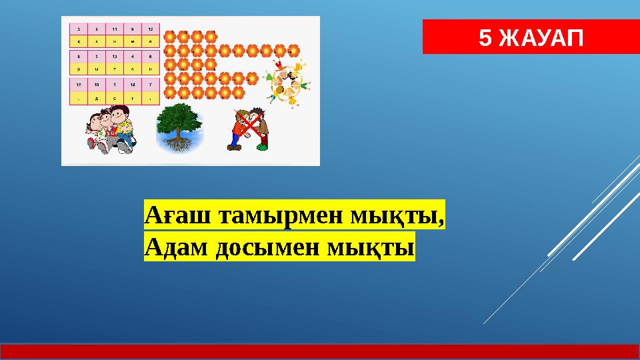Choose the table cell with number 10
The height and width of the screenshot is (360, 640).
[97, 85]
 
